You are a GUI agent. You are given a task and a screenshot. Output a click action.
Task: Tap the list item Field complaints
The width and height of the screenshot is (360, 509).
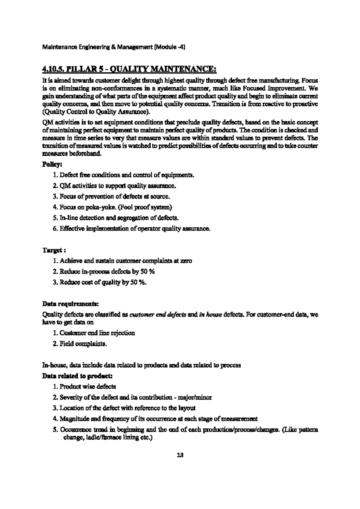pyautogui.click(x=83, y=344)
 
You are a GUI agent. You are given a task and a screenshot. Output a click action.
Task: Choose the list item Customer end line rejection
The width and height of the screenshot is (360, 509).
pyautogui.click(x=97, y=333)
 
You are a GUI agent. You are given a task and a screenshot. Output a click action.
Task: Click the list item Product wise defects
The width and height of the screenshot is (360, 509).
pyautogui.click(x=88, y=387)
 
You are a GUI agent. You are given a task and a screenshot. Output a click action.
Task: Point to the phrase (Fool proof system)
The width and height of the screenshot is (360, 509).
pyautogui.click(x=144, y=207)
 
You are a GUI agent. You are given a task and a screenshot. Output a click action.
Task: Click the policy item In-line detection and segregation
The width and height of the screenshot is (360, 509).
pyautogui.click(x=119, y=218)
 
